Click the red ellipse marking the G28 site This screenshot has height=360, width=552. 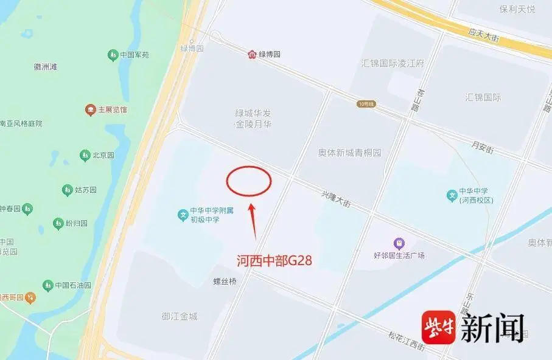(x=249, y=181)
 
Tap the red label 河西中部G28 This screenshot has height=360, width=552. (x=274, y=261)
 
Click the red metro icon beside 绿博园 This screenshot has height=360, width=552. (x=252, y=55)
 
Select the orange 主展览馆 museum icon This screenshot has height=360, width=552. (x=90, y=110)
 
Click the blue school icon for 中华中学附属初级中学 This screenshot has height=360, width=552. (x=182, y=215)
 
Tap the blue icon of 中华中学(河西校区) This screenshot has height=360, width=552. (x=452, y=195)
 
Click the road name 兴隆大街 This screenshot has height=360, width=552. (x=336, y=199)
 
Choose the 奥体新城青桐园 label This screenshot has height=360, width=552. (x=349, y=153)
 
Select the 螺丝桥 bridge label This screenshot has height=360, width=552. (x=225, y=282)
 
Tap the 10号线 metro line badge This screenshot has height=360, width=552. (x=366, y=104)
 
